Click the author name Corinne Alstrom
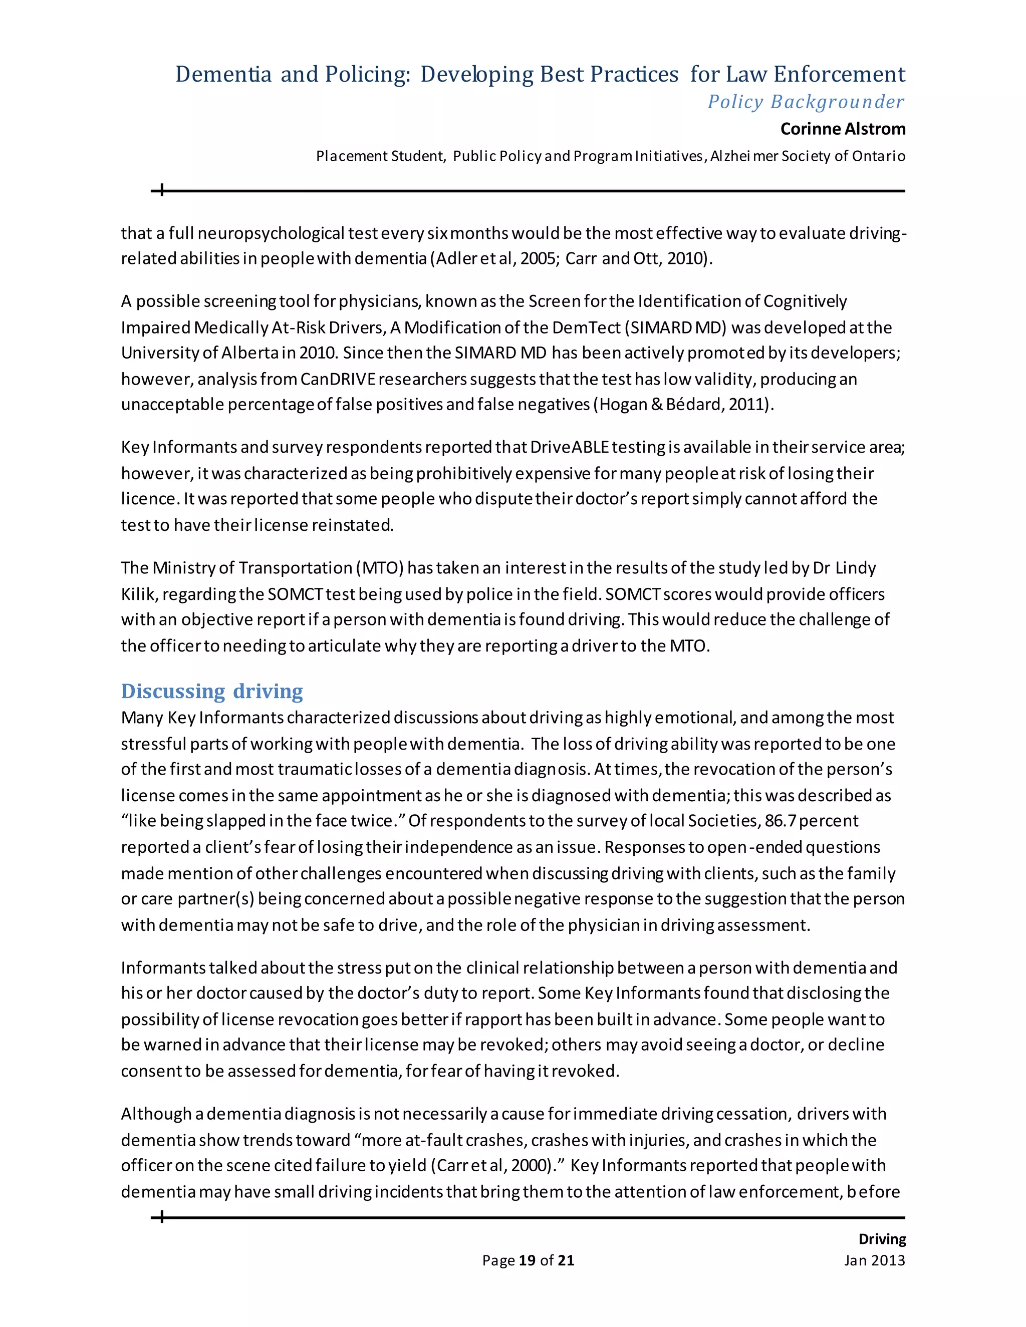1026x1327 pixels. point(843,129)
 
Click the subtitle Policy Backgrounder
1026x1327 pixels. point(806,102)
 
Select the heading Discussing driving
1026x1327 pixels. point(211,691)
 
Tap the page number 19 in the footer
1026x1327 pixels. point(527,1260)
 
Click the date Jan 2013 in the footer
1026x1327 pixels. point(874,1260)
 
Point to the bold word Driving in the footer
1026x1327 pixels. point(882,1239)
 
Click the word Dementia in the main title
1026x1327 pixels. point(223,74)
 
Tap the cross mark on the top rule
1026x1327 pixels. point(162,191)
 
